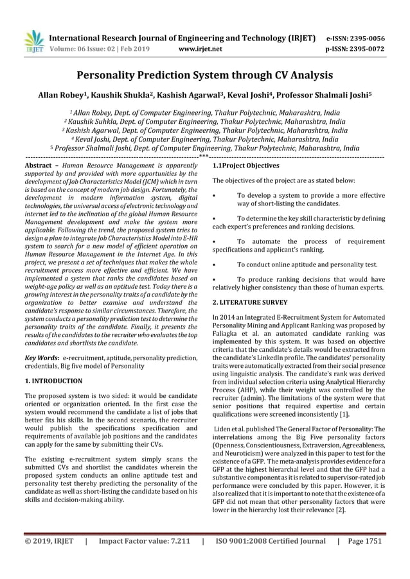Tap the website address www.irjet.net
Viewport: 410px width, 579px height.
coord(204,48)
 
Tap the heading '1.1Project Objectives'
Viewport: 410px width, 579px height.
coord(245,166)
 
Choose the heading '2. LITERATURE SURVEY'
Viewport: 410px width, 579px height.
coord(250,301)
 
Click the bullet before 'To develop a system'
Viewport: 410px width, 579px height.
coord(214,195)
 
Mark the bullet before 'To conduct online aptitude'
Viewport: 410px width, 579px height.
coord(214,264)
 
